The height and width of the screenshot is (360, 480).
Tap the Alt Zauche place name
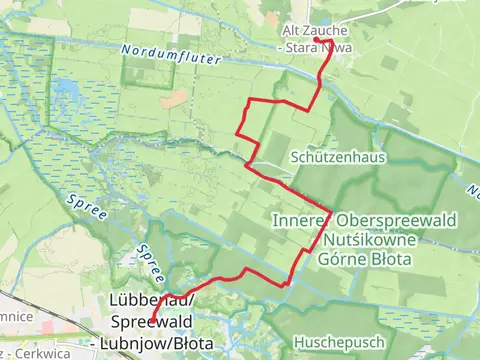(x=314, y=31)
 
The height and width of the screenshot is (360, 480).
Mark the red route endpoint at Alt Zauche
(x=331, y=41)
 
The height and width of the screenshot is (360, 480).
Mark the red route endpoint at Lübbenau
(x=151, y=322)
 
